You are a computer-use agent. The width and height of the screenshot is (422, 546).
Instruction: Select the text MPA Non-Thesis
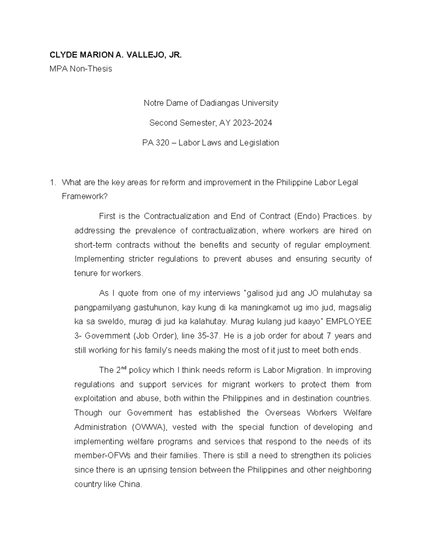81,69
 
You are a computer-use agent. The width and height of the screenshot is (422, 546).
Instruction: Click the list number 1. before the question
52,182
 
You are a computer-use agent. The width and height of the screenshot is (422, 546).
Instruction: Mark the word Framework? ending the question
84,197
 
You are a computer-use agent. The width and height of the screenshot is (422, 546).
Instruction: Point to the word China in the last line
130,484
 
